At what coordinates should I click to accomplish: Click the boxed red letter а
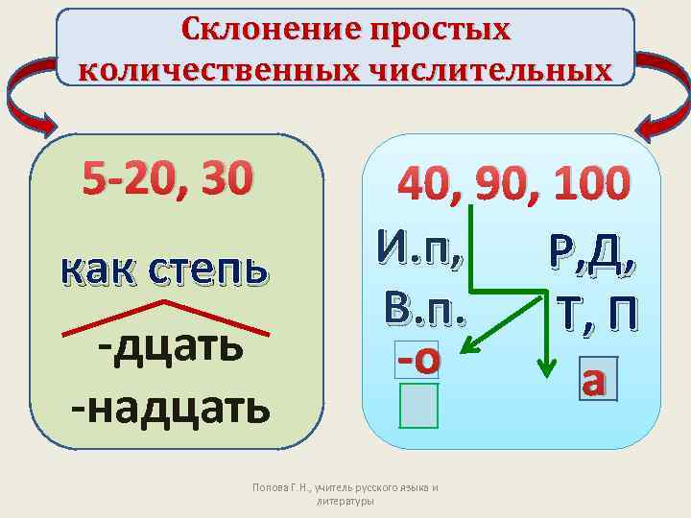(x=594, y=381)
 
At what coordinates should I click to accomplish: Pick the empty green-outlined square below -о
(x=419, y=405)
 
